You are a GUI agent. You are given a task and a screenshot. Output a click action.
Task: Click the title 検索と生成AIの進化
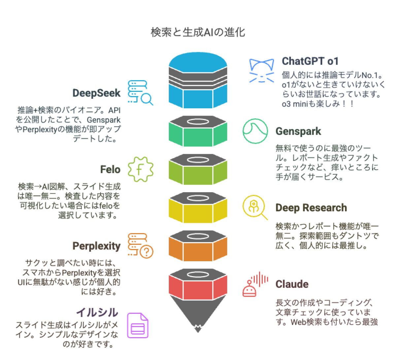point(198,32)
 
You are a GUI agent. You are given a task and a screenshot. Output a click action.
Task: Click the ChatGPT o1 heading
point(310,61)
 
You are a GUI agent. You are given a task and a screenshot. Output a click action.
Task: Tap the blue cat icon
point(261,70)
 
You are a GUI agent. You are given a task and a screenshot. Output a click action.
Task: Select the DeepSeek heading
point(96,93)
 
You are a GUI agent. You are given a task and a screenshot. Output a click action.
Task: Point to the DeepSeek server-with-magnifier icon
point(140,93)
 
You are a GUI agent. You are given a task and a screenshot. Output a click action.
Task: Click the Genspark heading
point(298,131)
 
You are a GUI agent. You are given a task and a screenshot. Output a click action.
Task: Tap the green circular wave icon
point(255,131)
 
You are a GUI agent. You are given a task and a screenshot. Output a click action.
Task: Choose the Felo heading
point(110,169)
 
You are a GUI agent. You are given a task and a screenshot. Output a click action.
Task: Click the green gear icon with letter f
point(140,169)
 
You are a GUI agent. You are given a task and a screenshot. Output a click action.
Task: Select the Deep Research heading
point(311,208)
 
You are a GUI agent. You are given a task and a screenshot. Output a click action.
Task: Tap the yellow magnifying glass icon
point(254,207)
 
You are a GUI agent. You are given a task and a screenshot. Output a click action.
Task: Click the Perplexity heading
point(96,246)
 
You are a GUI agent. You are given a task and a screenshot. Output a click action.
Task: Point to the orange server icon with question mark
point(140,246)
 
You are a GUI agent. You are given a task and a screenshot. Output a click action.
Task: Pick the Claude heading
point(292,284)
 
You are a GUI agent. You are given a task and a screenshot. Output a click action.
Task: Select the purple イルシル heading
point(97,312)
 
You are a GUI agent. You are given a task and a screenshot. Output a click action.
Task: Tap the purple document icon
point(138,326)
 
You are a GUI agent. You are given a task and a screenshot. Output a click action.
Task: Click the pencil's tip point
point(198,329)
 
